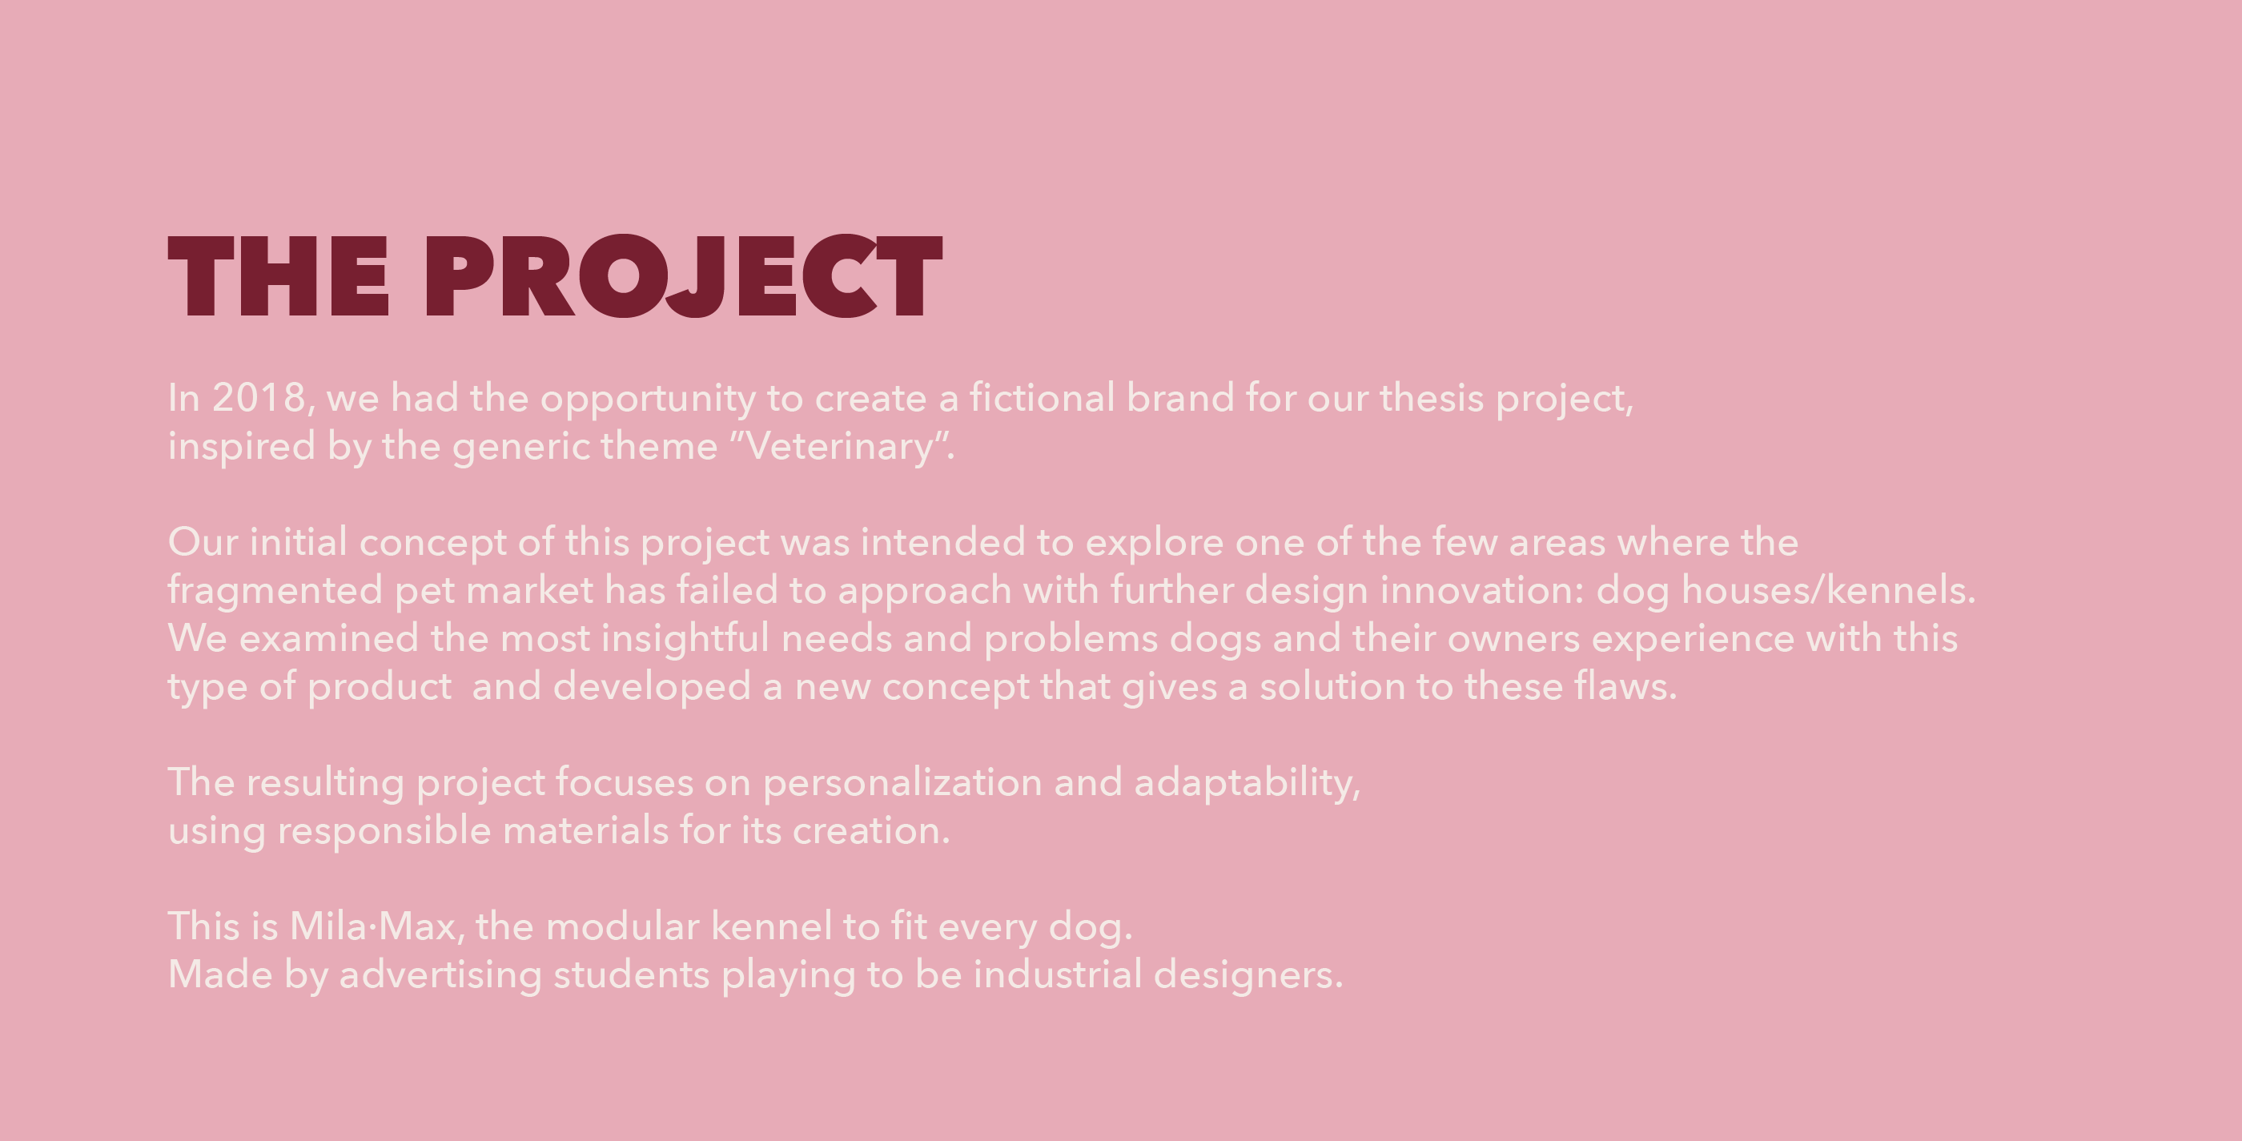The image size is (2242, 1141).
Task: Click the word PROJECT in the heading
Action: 683,276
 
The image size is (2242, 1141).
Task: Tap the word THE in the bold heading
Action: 279,276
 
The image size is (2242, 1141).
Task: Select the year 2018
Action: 259,398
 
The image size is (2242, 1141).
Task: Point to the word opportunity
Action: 649,400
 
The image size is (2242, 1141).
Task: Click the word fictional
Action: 1042,397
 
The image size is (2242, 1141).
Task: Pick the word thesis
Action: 1432,398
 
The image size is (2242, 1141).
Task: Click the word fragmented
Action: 275,592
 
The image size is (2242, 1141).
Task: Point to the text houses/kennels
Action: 1829,590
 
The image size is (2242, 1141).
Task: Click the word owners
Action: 1513,640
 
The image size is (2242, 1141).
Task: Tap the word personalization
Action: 902,784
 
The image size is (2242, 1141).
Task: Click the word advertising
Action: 440,975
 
